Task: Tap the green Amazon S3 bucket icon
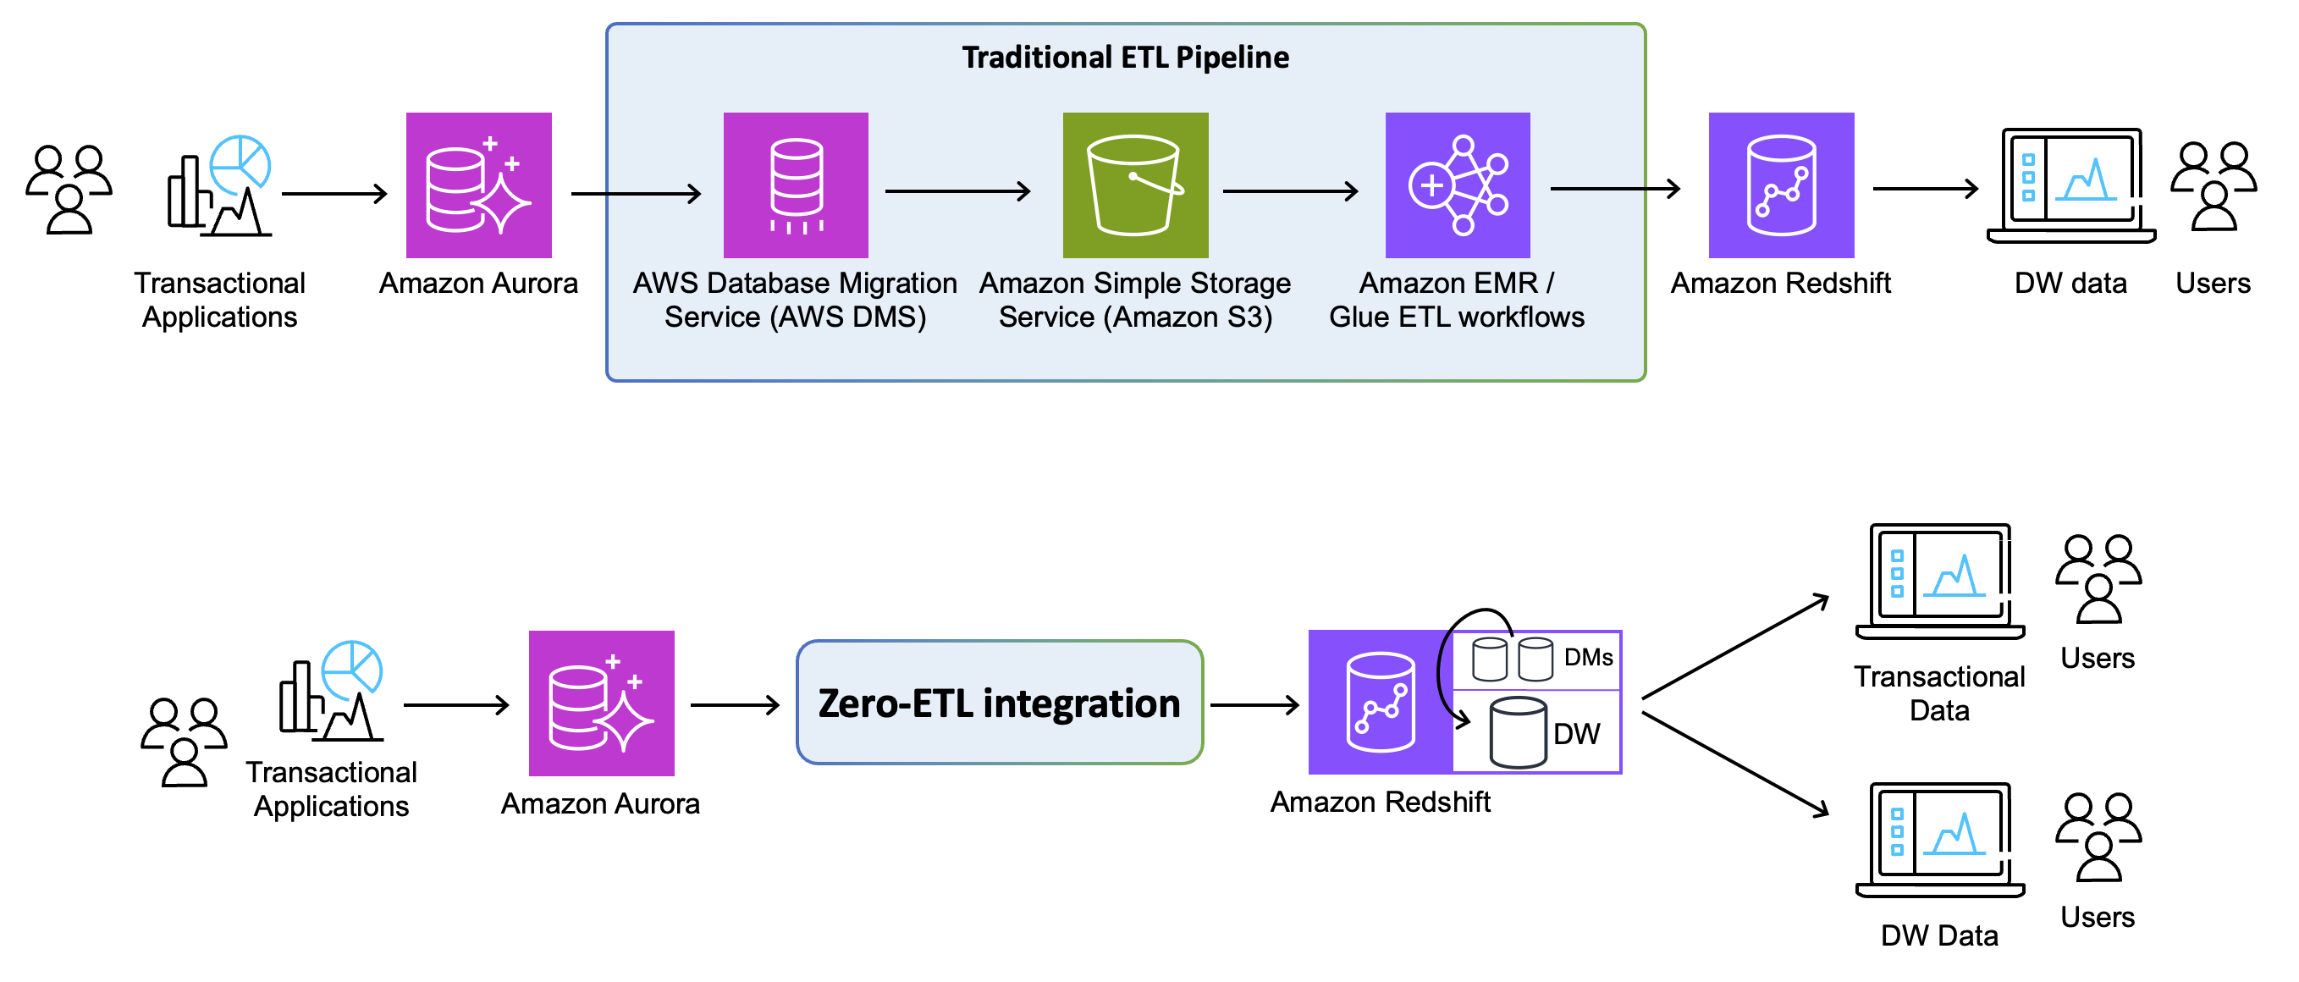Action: [1134, 185]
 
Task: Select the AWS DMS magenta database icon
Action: [795, 185]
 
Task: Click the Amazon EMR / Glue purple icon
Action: [1457, 185]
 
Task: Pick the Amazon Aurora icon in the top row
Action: [478, 185]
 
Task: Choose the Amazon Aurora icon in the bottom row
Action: [601, 703]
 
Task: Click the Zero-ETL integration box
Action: [999, 703]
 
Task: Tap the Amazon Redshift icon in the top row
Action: [1780, 185]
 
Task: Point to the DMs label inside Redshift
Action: [1588, 658]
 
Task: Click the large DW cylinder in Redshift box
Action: [1517, 733]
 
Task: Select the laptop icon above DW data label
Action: [2070, 185]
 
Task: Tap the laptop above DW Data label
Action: [1939, 839]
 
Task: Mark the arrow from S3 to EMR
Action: [1290, 190]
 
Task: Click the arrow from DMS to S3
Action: [957, 190]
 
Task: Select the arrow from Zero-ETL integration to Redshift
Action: [1254, 705]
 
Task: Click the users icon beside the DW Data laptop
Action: [2098, 836]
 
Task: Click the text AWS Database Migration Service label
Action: [794, 299]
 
